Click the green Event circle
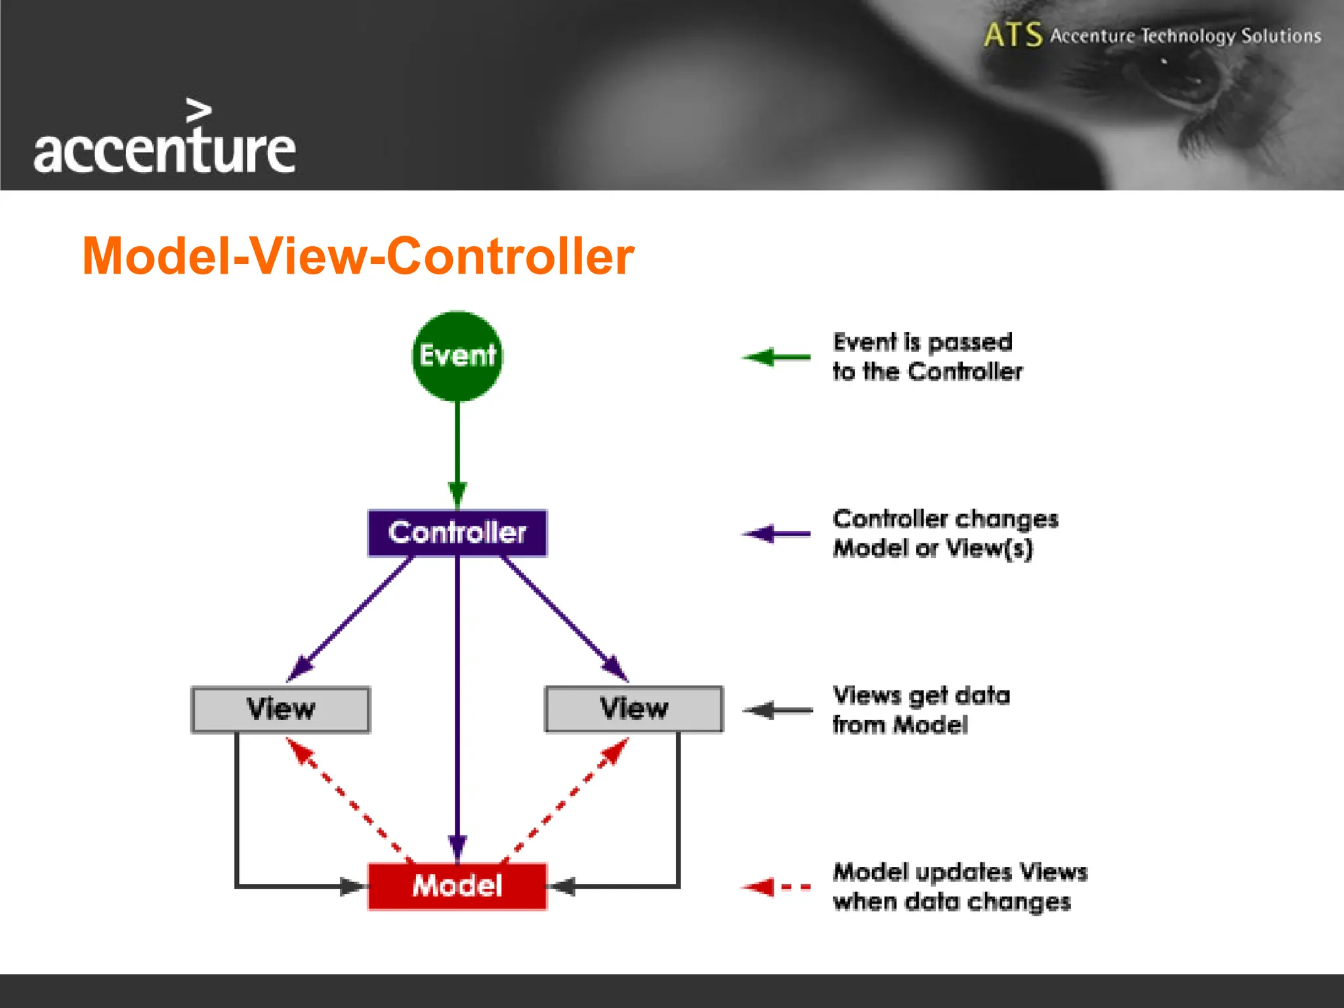[x=457, y=356]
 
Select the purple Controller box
[x=457, y=533]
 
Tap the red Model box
[x=457, y=886]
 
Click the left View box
[x=281, y=709]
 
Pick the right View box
[x=634, y=709]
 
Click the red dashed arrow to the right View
[x=564, y=800]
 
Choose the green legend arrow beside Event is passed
[x=777, y=358]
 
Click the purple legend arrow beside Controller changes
[x=777, y=534]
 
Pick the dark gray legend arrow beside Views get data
[x=780, y=710]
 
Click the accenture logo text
[x=164, y=151]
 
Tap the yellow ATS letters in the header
[x=1013, y=35]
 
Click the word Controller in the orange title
[x=510, y=256]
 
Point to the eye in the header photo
[x=1181, y=82]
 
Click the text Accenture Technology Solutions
[x=1185, y=35]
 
